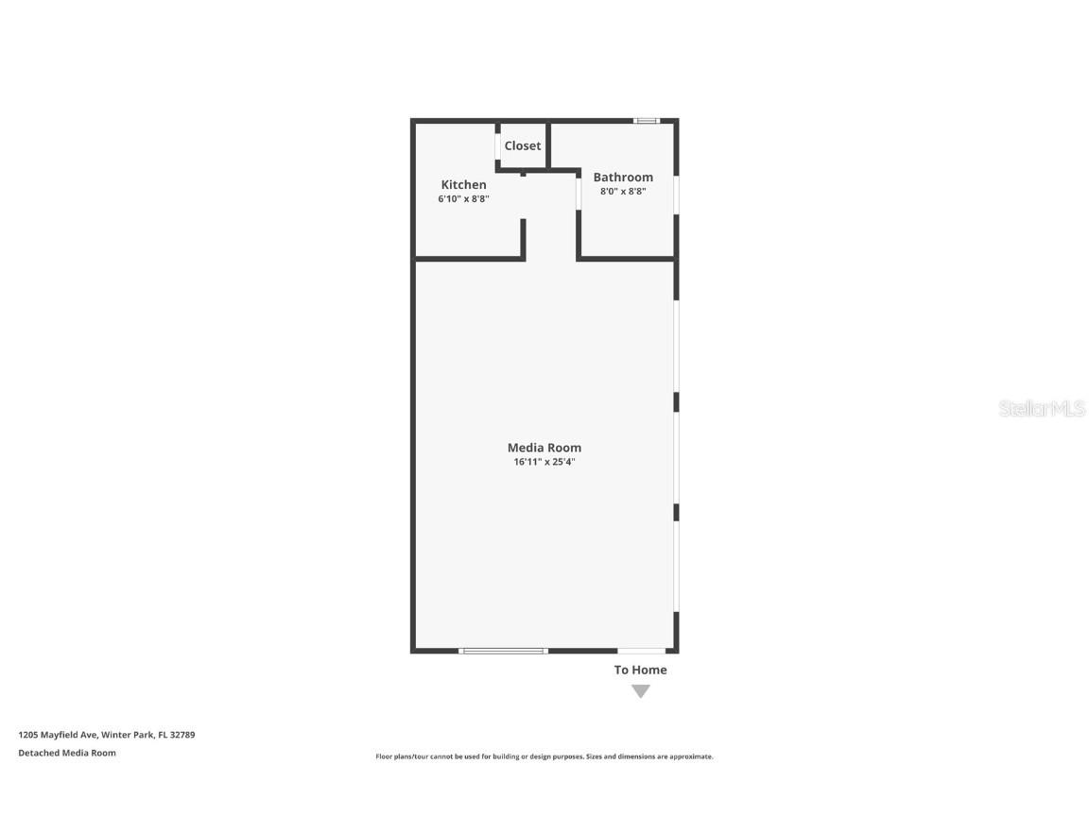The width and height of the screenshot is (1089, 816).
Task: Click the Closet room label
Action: tap(523, 145)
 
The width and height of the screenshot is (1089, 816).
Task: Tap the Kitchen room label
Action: tap(463, 184)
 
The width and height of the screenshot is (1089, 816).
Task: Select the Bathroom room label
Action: tap(623, 177)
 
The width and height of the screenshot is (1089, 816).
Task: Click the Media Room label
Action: tap(544, 448)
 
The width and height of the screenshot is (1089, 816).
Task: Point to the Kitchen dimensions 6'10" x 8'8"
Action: tap(463, 199)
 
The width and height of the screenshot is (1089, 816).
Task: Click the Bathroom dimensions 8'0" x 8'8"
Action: tap(623, 191)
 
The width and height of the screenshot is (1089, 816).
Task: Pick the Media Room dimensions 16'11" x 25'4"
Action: tap(544, 462)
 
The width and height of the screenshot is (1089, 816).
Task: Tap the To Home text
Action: tap(640, 670)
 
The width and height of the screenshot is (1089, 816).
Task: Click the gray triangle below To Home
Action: tap(641, 691)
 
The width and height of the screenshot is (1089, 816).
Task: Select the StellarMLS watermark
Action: tap(1042, 409)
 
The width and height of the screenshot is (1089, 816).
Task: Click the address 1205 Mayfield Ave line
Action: tap(106, 734)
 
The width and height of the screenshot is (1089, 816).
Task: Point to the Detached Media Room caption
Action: tap(67, 753)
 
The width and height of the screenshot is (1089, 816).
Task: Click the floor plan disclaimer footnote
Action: tap(544, 756)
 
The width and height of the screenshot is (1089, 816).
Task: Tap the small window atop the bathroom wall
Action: tap(647, 121)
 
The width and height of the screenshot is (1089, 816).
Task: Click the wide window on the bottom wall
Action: tap(503, 651)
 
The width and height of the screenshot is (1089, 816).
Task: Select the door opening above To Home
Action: tap(641, 651)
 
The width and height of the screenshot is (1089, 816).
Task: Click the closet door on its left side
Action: tap(498, 146)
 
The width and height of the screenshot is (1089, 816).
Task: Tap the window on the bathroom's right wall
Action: tap(676, 195)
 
